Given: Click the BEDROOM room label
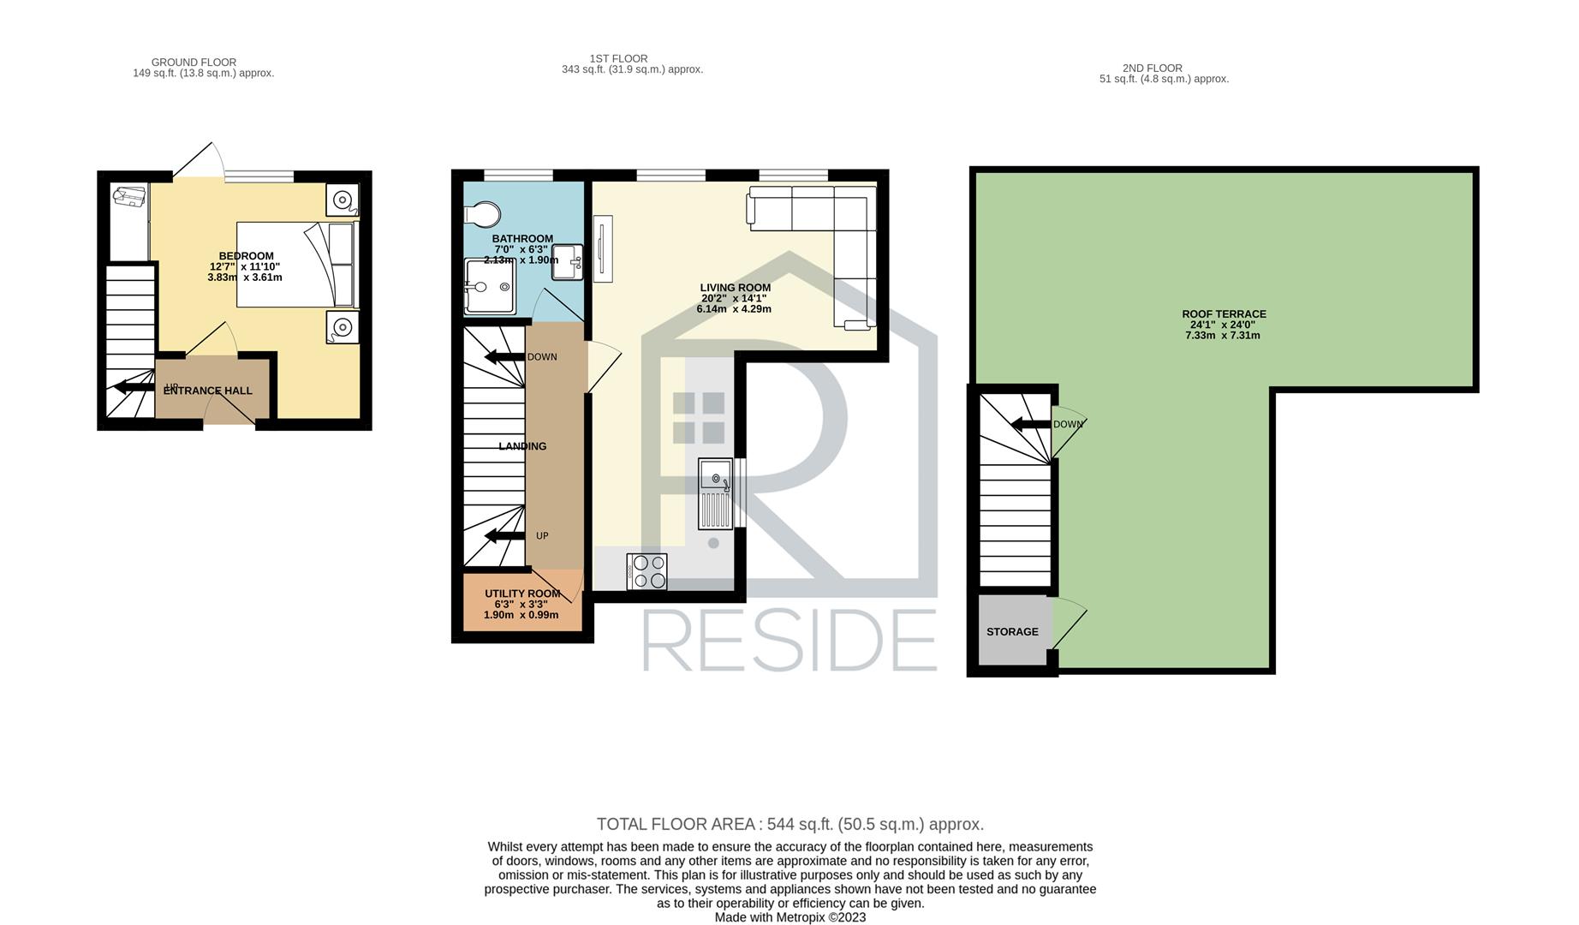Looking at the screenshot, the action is click(246, 256).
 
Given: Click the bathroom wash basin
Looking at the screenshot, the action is click(568, 261).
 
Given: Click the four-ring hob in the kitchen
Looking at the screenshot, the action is click(647, 571).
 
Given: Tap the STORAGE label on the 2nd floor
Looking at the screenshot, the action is click(1012, 632).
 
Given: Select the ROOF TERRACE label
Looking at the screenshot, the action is click(1224, 314).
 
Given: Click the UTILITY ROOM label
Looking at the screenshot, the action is click(522, 594).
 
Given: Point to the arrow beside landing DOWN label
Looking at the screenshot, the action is click(505, 357).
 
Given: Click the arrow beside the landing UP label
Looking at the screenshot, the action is click(505, 536).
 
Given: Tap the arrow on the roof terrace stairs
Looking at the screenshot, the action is click(1031, 424).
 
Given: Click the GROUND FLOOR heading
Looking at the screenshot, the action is click(194, 63).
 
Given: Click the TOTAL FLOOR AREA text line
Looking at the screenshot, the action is click(790, 824).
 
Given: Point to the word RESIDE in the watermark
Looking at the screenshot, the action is click(789, 641).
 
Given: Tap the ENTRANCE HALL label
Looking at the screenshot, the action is click(208, 391).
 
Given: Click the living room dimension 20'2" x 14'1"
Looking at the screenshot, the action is click(736, 299).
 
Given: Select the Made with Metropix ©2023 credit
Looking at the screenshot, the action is click(790, 917).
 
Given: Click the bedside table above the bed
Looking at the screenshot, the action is click(342, 200).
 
